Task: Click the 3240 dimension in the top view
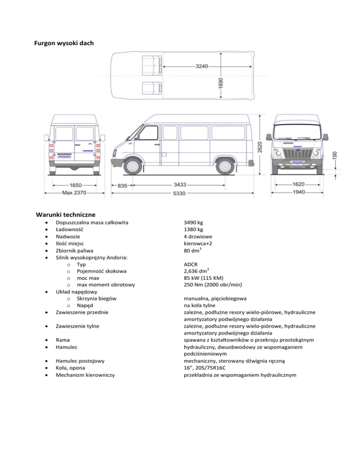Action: pyautogui.click(x=202, y=66)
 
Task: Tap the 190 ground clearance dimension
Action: pyautogui.click(x=334, y=154)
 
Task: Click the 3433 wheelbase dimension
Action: pyautogui.click(x=180, y=185)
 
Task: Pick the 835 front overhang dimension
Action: pyautogui.click(x=123, y=186)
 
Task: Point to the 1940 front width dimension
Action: pyautogui.click(x=298, y=193)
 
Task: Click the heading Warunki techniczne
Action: pyautogui.click(x=66, y=215)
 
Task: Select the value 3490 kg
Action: pyautogui.click(x=194, y=222)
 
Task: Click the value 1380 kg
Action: pyautogui.click(x=194, y=230)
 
